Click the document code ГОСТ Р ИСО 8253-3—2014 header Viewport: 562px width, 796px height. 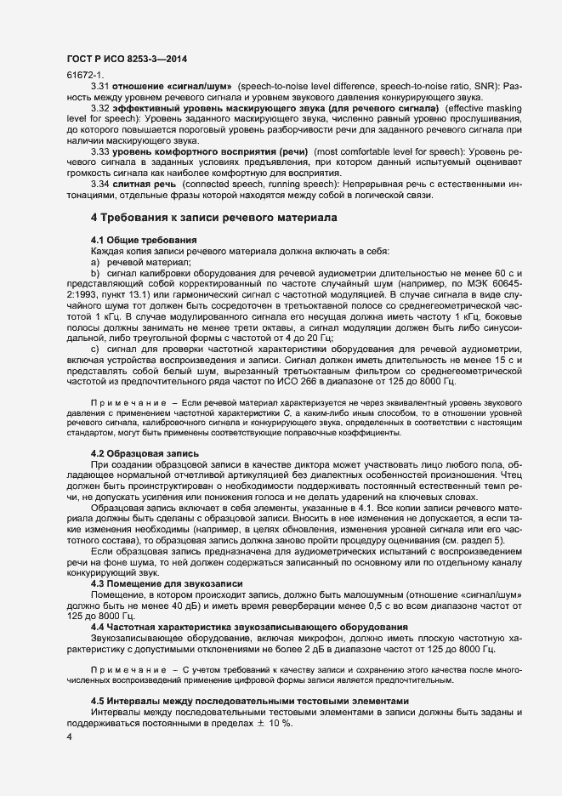coord(126,59)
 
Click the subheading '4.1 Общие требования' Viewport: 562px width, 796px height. coord(144,240)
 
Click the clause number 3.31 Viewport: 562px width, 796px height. coord(101,88)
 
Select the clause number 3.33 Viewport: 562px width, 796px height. coord(101,151)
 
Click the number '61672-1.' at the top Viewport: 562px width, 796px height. coord(82,77)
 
